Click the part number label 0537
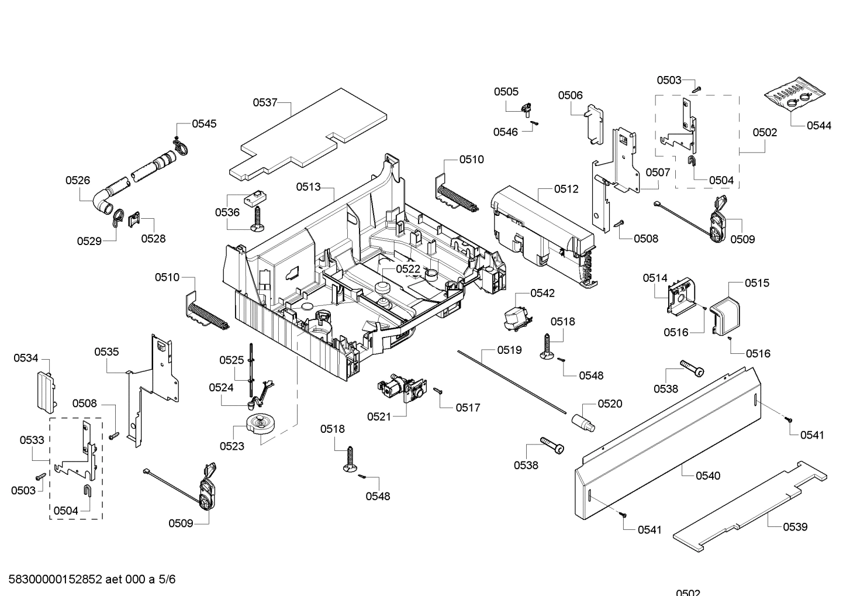265,102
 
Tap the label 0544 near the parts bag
818,125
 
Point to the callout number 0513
308,187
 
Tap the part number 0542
543,293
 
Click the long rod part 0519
514,381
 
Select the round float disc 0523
261,423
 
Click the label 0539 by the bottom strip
795,526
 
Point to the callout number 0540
708,476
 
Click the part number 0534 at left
26,357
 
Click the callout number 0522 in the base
408,268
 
